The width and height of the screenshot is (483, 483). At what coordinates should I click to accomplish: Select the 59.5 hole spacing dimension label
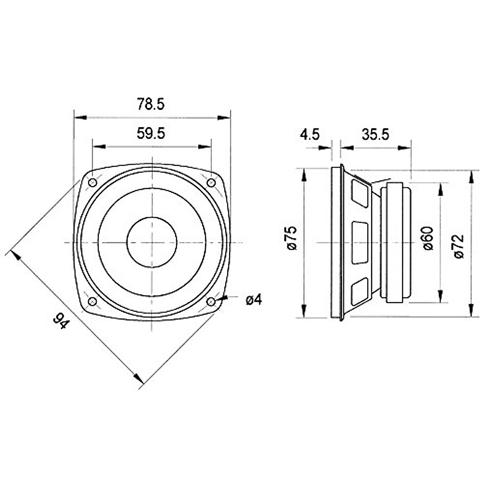point(151,133)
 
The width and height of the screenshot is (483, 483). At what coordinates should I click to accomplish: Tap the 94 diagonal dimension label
point(61,321)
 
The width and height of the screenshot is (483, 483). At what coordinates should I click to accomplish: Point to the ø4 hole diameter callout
point(254,300)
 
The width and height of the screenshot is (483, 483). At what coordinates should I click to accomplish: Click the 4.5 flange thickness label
point(310,134)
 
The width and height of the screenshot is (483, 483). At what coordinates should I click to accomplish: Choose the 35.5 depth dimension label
point(375,134)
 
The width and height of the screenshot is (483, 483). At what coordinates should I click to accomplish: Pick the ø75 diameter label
point(291,238)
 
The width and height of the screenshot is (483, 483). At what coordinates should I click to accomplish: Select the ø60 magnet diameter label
point(428,238)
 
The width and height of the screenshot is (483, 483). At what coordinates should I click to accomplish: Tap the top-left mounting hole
point(93,183)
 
